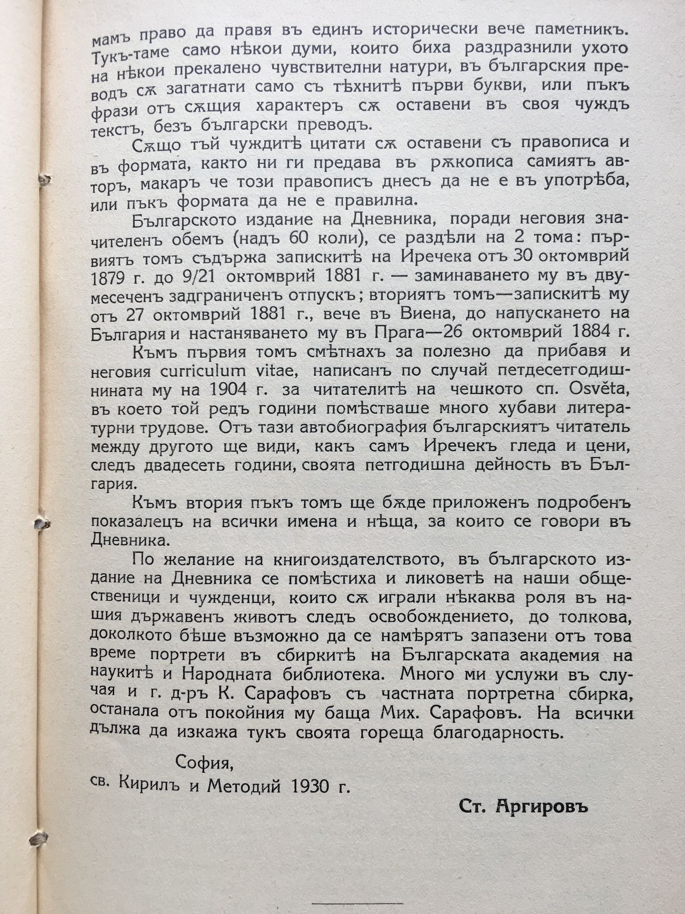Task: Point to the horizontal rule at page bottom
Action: pos(358,890)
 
